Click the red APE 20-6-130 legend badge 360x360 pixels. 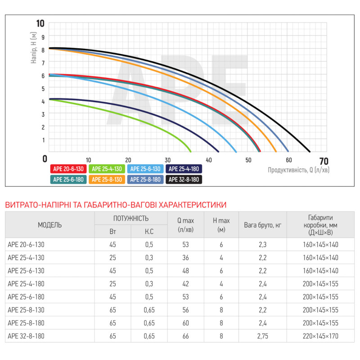(x=68, y=169)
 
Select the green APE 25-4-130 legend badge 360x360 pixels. (x=107, y=169)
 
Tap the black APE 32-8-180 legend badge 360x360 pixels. (x=184, y=180)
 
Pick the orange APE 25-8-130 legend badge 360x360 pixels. (x=107, y=180)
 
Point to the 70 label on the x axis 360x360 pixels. (x=323, y=161)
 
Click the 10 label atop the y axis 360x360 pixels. (x=40, y=24)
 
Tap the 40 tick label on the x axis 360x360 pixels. (x=208, y=160)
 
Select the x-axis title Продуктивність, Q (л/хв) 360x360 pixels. (x=298, y=170)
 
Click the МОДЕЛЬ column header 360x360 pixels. (x=50, y=225)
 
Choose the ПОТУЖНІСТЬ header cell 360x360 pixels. (x=130, y=218)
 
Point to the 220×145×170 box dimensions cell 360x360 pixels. (x=320, y=336)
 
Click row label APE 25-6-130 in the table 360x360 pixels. (x=27, y=270)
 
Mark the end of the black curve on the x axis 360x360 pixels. (x=310, y=152)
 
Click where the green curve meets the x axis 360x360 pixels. (x=191, y=152)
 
